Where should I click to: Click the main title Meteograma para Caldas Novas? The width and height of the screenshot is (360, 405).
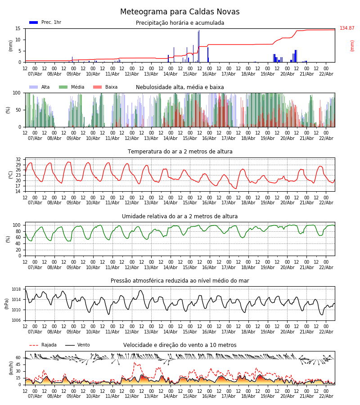(180, 12)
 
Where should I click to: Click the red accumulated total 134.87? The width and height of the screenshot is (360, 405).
(346, 28)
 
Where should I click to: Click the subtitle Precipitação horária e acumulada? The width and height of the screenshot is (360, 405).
(180, 23)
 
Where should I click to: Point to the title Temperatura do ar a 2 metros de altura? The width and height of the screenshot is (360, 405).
(180, 152)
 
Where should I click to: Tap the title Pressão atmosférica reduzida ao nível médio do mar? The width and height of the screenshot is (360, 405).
(180, 281)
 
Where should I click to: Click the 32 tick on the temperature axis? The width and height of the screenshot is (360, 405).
(18, 160)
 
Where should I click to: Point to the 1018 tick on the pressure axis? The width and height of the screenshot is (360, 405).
(17, 289)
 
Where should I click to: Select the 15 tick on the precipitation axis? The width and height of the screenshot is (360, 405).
(18, 28)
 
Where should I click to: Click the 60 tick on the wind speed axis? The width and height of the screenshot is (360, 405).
(18, 358)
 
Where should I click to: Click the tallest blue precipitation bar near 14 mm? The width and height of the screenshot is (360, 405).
(198, 46)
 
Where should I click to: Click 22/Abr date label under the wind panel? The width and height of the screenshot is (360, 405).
(326, 396)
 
